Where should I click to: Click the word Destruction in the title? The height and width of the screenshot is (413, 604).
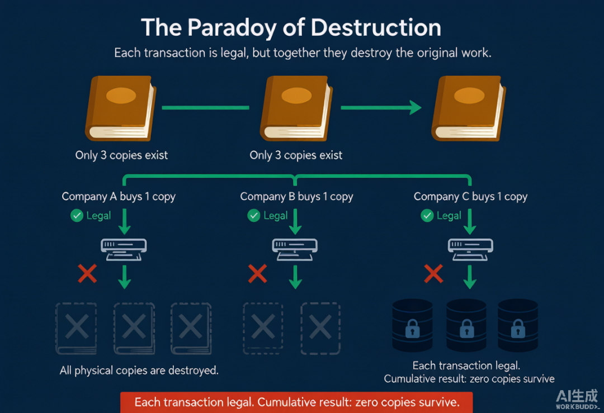[376, 28]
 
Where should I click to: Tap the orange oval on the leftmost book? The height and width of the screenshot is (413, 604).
[121, 96]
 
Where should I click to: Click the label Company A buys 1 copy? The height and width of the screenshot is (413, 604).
[119, 197]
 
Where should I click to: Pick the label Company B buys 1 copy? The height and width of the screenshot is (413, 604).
[296, 197]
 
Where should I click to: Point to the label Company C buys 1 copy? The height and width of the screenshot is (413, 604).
[470, 197]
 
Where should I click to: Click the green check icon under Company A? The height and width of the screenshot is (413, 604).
[77, 216]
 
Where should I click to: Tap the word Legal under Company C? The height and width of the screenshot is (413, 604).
[449, 216]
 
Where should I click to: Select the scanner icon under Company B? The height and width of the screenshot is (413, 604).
[295, 249]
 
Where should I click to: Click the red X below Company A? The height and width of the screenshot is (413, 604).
[87, 273]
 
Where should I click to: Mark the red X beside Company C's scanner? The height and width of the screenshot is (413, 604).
[434, 273]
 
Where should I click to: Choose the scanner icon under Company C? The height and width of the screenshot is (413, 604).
[470, 249]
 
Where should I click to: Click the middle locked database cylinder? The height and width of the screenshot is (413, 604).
[466, 325]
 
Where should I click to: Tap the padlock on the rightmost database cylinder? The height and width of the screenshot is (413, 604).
[518, 328]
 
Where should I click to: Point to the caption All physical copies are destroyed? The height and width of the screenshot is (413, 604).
[139, 371]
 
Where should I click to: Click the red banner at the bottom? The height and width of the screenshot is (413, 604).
[296, 402]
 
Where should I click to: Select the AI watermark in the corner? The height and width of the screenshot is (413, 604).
[577, 399]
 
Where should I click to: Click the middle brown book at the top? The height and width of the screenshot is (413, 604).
[296, 108]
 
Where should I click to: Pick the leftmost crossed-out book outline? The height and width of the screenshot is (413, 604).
[76, 328]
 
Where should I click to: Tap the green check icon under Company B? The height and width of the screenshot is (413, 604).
[254, 216]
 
